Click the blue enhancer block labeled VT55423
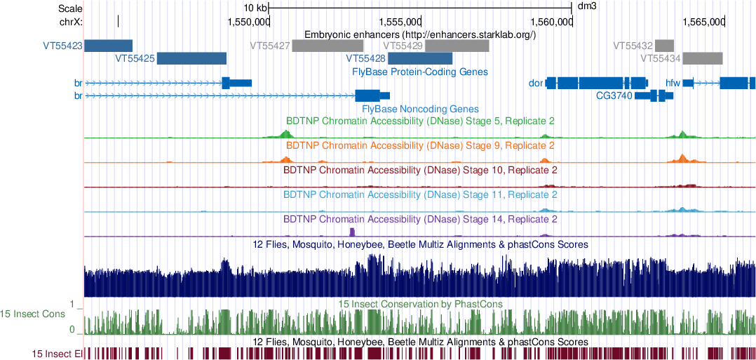tap(108, 46)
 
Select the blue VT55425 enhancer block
tap(191, 58)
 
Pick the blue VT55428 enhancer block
tap(420, 58)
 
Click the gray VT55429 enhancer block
tap(457, 46)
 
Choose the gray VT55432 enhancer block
tap(664, 46)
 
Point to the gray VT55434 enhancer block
tap(703, 58)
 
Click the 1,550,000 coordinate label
tap(249, 22)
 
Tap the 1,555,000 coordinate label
tap(400, 22)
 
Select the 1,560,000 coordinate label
tap(551, 22)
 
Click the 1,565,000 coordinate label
tap(703, 22)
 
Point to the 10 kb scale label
tap(255, 7)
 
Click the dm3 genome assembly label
tap(586, 7)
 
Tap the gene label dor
tap(536, 84)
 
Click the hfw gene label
tap(673, 84)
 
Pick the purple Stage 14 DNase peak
tap(353, 232)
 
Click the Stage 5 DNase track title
tap(420, 121)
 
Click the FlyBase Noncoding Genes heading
tap(420, 109)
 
